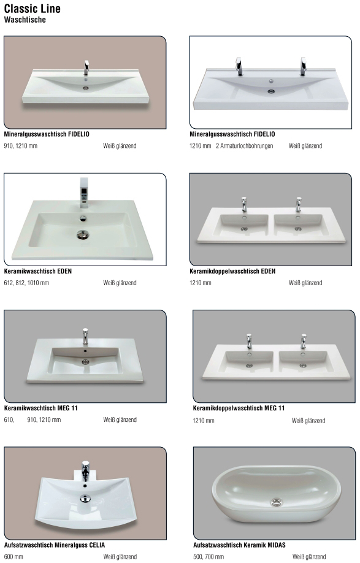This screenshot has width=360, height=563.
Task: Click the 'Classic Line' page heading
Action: (x=33, y=8)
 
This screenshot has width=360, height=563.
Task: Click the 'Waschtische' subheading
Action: (x=25, y=20)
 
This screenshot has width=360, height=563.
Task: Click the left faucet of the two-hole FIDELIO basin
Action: (x=239, y=66)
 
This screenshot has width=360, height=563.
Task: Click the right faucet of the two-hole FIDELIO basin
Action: (x=303, y=66)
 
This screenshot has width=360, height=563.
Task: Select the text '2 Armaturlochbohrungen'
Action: (x=245, y=146)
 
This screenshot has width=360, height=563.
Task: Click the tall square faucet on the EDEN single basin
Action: (x=84, y=193)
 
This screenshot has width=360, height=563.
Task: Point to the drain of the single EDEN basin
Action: (x=83, y=235)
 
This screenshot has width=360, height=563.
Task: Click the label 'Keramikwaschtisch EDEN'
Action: (x=37, y=271)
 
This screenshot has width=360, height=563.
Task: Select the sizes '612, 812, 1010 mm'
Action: (x=26, y=283)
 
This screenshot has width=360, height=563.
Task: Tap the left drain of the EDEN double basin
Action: (x=244, y=229)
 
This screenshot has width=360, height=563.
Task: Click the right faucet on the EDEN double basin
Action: (x=298, y=204)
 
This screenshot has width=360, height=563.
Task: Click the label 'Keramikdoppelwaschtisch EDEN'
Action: (x=232, y=271)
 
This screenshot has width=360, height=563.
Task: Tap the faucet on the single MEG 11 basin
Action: (x=85, y=337)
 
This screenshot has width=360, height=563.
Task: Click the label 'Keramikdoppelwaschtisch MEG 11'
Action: (x=239, y=408)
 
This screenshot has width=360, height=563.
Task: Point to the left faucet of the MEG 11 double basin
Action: (x=249, y=342)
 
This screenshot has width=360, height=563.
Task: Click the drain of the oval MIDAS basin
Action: (x=276, y=502)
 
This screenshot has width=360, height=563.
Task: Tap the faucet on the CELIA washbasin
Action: (x=85, y=471)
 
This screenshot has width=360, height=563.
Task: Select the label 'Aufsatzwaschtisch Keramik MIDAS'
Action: (x=239, y=545)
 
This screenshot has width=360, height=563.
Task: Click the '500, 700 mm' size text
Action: (x=209, y=557)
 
